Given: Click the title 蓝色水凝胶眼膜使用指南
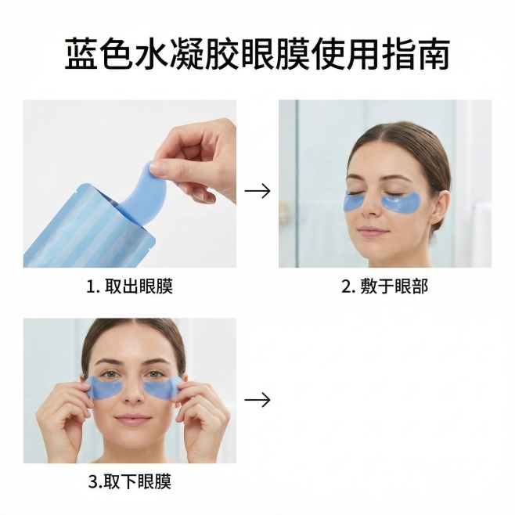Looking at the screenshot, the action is tap(257, 54).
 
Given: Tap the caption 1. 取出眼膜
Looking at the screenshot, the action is tap(129, 286).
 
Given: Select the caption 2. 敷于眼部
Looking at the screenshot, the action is tap(385, 286).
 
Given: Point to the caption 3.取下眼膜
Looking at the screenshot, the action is tap(130, 482).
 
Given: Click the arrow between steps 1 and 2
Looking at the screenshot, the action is tap(257, 191).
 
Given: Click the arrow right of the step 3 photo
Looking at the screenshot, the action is tap(257, 400).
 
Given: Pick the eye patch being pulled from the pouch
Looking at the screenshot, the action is tap(141, 194).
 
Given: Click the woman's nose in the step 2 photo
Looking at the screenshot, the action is tap(370, 207).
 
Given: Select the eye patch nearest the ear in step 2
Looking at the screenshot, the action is tap(401, 203).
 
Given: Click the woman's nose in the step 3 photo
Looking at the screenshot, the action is tap(133, 395).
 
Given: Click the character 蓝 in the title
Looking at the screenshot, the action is tap(81, 54).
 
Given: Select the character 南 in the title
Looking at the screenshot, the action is tap(434, 54).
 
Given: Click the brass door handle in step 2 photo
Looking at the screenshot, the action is tap(283, 211).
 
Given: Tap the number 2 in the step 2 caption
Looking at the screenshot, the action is tap(346, 286).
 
